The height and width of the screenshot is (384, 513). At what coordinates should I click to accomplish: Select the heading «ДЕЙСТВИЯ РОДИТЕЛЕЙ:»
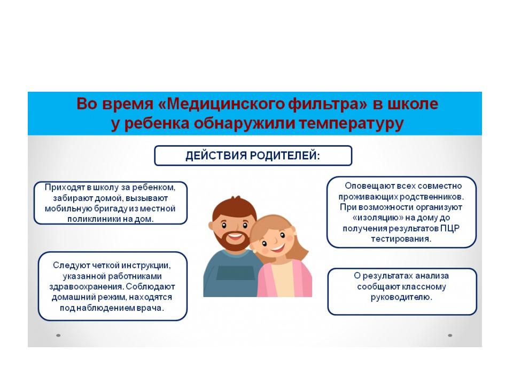point(253,155)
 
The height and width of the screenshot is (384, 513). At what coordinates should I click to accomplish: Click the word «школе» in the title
point(413,104)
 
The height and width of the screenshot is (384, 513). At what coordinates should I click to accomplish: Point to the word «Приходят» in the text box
point(65,188)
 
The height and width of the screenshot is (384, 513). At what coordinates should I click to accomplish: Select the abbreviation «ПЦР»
point(449,228)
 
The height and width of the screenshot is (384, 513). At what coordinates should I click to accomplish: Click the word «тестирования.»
point(401,239)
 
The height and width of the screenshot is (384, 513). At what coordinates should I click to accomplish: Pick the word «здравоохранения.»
point(87,287)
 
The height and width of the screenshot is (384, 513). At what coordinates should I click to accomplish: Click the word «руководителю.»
point(401,298)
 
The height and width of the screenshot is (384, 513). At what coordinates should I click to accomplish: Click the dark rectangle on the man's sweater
point(235,273)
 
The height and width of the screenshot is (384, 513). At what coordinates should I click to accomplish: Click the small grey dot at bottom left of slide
point(58,335)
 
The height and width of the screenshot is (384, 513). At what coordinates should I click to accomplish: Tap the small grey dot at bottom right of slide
point(450,335)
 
